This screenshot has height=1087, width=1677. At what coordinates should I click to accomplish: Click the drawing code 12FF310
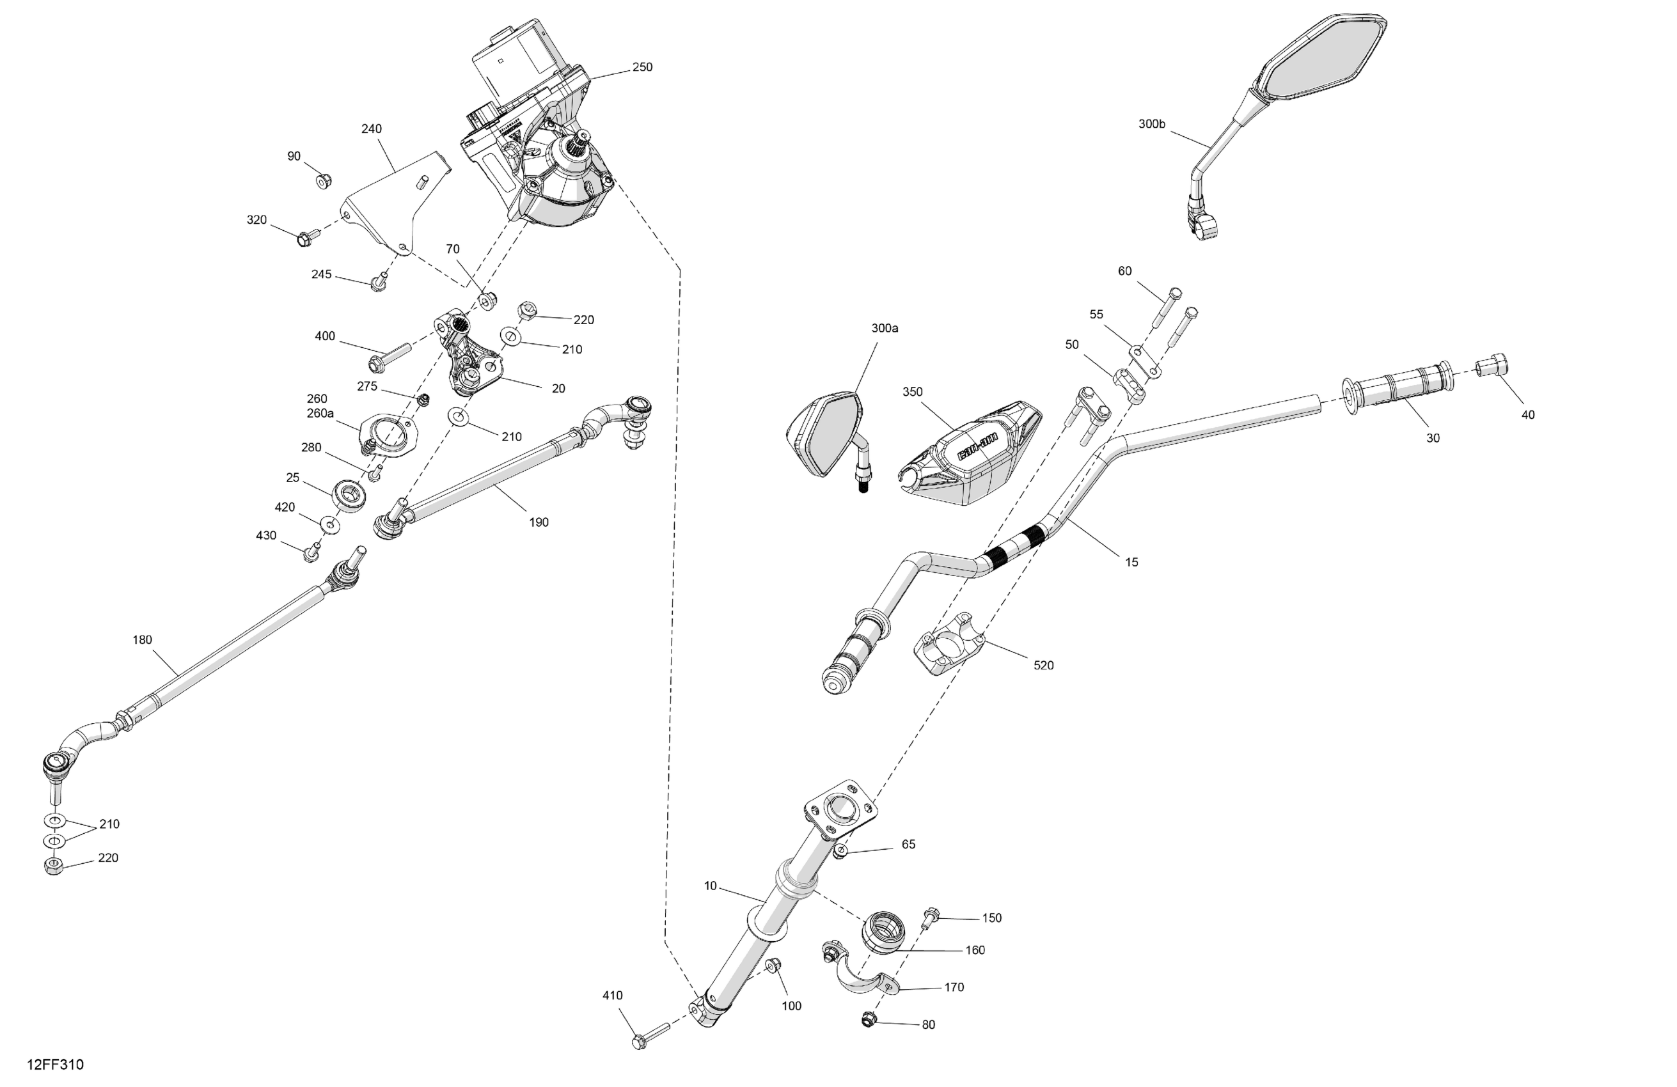click(55, 1065)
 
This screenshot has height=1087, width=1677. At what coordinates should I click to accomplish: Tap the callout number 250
click(642, 68)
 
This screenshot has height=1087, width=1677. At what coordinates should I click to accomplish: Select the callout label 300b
click(1151, 125)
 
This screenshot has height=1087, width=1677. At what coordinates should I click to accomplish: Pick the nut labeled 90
click(323, 182)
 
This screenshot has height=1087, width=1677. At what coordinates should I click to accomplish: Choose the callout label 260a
click(320, 414)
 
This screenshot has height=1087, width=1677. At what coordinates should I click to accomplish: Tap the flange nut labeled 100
click(773, 964)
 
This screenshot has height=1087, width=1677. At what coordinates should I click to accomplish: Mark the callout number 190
click(539, 522)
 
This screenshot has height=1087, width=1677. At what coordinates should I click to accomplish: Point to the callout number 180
click(143, 640)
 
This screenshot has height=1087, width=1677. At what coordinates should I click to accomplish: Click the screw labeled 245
click(379, 283)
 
